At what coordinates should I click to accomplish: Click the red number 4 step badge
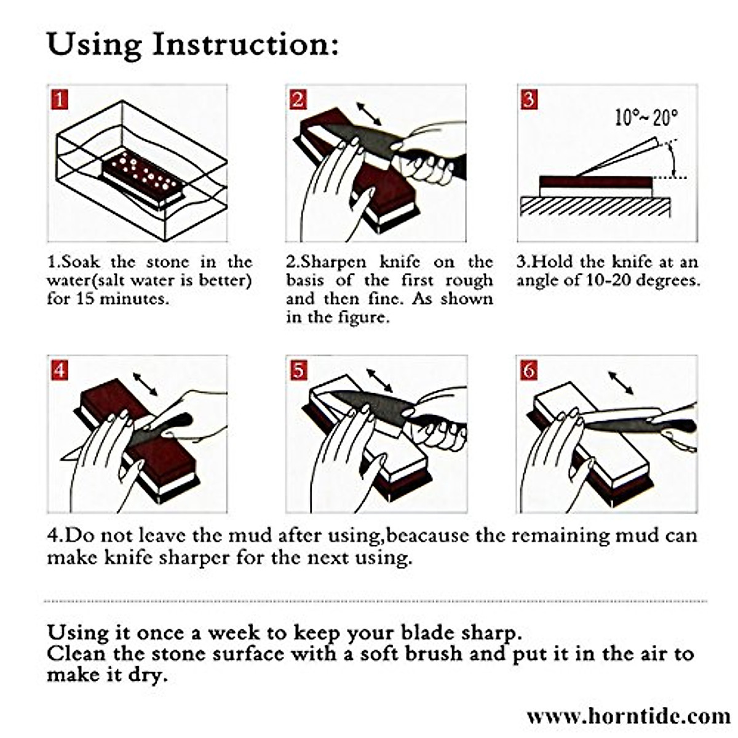click(x=60, y=371)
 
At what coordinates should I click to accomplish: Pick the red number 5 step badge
click(x=298, y=371)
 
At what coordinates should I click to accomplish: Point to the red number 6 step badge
click(x=529, y=371)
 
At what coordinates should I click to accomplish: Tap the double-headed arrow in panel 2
click(x=368, y=114)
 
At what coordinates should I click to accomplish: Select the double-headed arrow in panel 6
click(x=621, y=383)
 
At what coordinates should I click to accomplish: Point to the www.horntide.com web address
click(x=628, y=716)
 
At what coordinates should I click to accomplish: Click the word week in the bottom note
click(x=233, y=633)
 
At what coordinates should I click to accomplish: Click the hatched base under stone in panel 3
click(x=595, y=207)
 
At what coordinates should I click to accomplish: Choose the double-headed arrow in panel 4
click(x=145, y=384)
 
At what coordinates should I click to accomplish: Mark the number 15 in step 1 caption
click(x=84, y=300)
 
